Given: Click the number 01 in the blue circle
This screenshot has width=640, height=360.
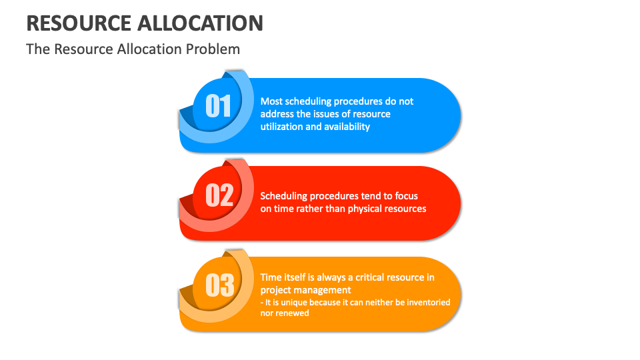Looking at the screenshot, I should pos(218,106).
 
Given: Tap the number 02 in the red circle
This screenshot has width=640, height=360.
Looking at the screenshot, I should pos(219,195).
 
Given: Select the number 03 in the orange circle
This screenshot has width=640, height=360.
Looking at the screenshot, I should pos(219,285).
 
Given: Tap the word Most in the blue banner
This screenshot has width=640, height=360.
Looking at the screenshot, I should pos(271,101).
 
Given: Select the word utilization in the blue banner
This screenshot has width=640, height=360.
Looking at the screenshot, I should pos(281,127).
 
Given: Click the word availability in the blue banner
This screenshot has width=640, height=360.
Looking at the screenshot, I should pos(347,127).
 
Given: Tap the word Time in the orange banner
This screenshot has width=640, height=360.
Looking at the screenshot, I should pos(271,277).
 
